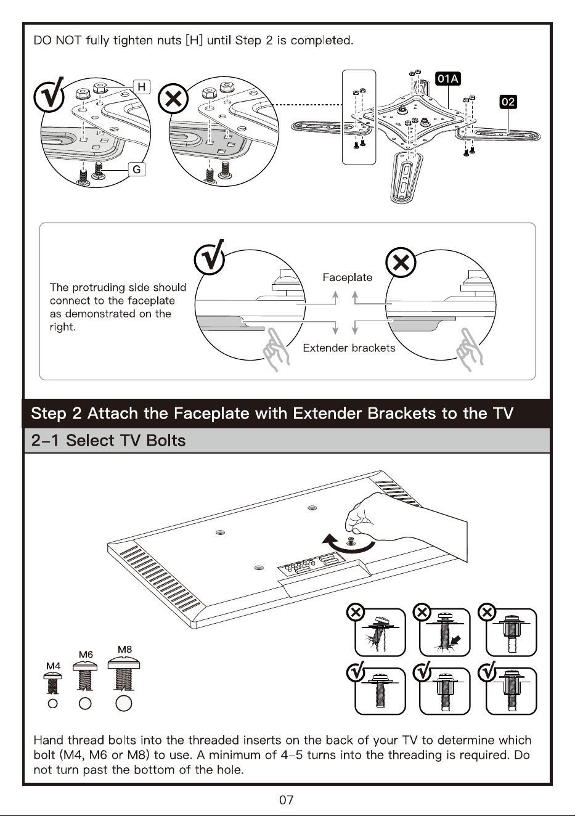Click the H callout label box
pyautogui.click(x=142, y=87)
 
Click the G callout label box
pyautogui.click(x=137, y=169)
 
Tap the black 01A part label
pyautogui.click(x=448, y=79)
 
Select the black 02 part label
pyautogui.click(x=508, y=102)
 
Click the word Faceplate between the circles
pyautogui.click(x=347, y=277)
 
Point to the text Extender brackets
pyautogui.click(x=349, y=348)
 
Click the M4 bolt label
pyautogui.click(x=53, y=666)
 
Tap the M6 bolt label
pyautogui.click(x=86, y=655)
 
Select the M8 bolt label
pyautogui.click(x=124, y=650)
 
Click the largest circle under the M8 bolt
pyautogui.click(x=123, y=703)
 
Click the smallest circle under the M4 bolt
pyautogui.click(x=53, y=703)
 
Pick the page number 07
pyautogui.click(x=286, y=800)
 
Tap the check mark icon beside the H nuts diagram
pyautogui.click(x=49, y=96)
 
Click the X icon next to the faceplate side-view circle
pyautogui.click(x=401, y=263)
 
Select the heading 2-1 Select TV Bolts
pyautogui.click(x=108, y=441)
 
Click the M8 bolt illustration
pyautogui.click(x=124, y=673)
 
